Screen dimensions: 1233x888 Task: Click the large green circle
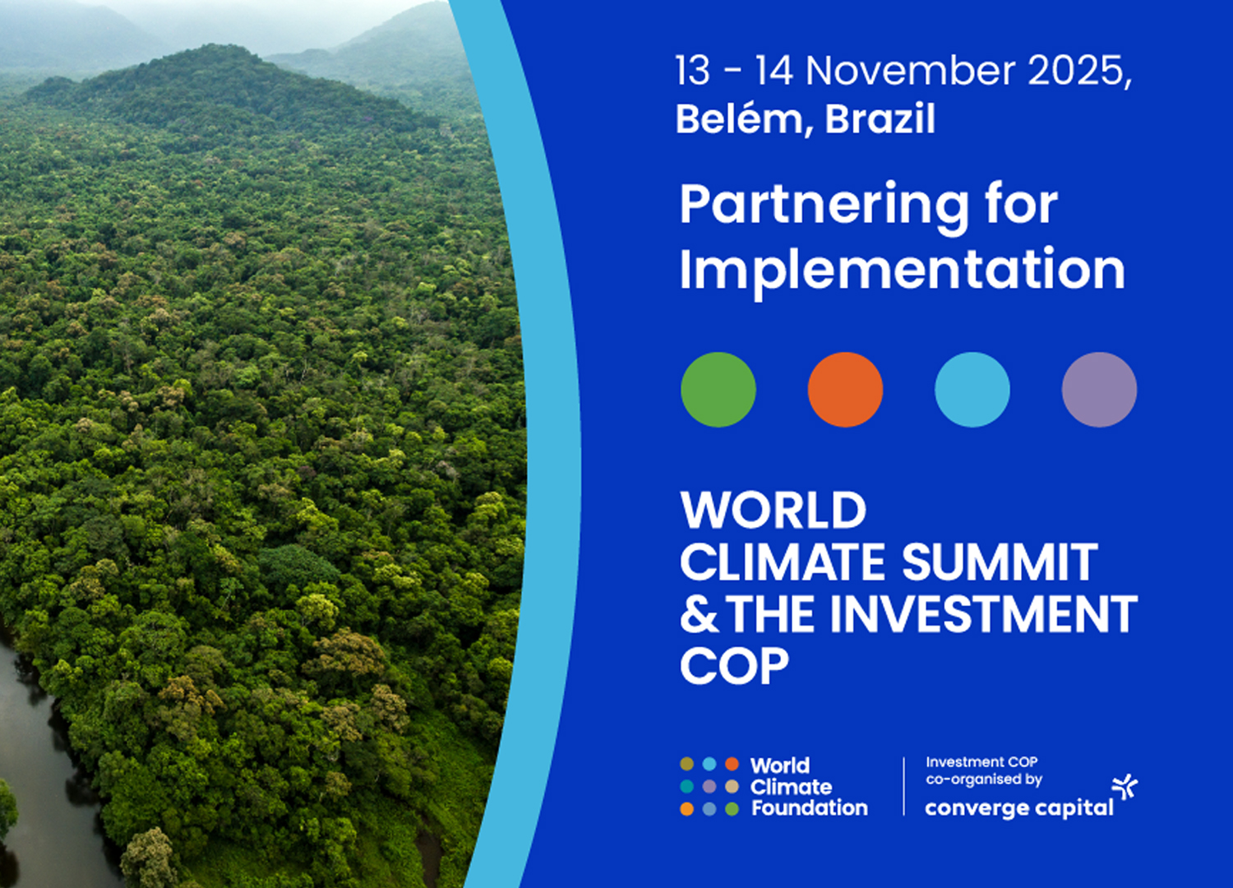(718, 390)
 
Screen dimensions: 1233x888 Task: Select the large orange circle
(846, 390)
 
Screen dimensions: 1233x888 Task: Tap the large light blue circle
(972, 390)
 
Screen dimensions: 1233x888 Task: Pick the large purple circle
(1099, 390)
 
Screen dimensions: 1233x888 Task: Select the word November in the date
(911, 71)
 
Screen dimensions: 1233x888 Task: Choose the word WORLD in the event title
(774, 510)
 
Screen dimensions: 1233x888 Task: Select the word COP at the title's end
(735, 665)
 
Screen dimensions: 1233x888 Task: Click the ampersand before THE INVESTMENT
(699, 613)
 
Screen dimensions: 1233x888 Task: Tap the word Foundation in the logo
(809, 808)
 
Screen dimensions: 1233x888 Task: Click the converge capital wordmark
(1019, 808)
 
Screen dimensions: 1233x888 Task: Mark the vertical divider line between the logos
(904, 786)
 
